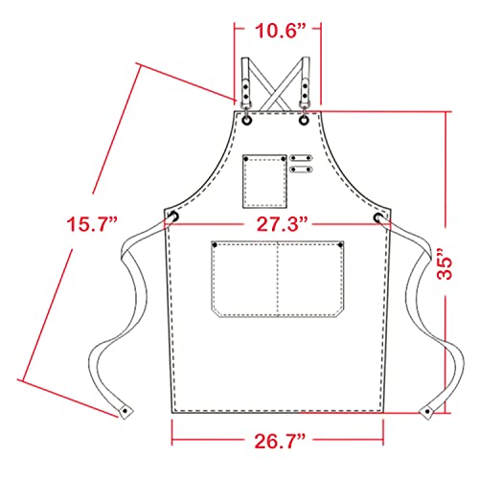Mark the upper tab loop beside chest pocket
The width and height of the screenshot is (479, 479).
(302, 158)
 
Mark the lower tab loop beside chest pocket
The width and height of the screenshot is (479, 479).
(302, 171)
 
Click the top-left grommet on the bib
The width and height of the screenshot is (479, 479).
(247, 122)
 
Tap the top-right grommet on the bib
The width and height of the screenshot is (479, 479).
(305, 122)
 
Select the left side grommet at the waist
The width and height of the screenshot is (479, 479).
(176, 219)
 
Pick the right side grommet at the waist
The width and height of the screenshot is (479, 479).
(380, 219)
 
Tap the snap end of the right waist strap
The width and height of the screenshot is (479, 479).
(427, 411)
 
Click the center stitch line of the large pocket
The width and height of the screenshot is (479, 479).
(278, 278)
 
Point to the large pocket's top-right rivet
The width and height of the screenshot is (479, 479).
(341, 248)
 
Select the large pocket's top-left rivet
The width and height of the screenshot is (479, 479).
(216, 248)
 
